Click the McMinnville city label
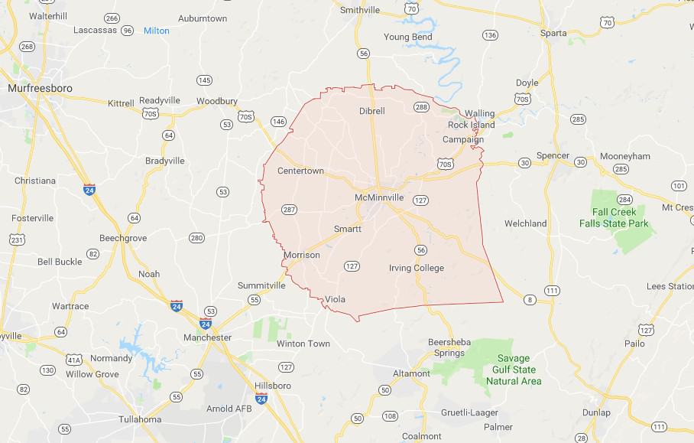(x=379, y=198)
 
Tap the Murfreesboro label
(x=40, y=89)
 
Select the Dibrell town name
(x=372, y=111)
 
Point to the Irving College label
(x=417, y=268)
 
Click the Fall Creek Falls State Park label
(x=620, y=218)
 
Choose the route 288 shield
(x=421, y=107)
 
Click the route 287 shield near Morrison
(x=289, y=210)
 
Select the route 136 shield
(x=490, y=35)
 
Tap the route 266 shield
(x=112, y=18)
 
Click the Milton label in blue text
(x=156, y=31)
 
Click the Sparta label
(x=553, y=33)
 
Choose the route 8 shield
(x=529, y=299)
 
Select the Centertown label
(x=300, y=171)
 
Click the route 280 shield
(x=197, y=238)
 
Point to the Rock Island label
(x=472, y=125)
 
